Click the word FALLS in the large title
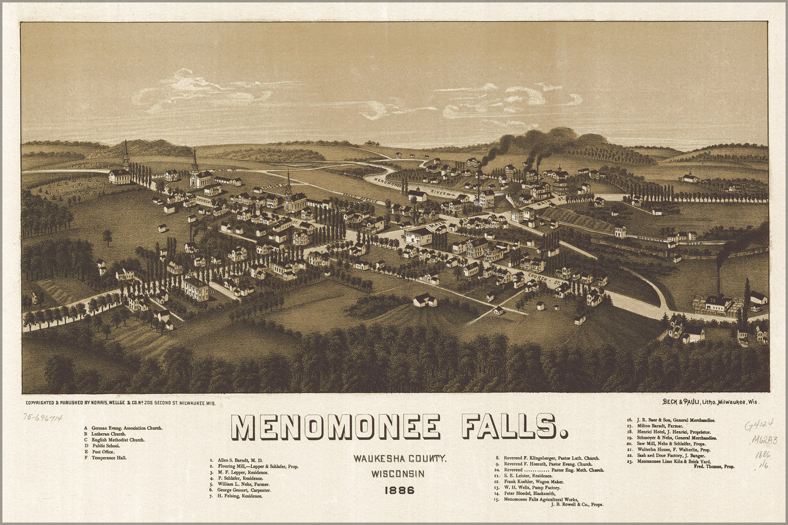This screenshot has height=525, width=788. (x=514, y=427)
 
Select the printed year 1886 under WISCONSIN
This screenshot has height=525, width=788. (x=399, y=491)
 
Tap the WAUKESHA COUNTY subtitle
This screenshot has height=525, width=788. (x=400, y=459)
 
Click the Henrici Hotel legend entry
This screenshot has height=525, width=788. (x=667, y=432)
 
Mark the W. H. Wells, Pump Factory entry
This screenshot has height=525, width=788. (x=523, y=488)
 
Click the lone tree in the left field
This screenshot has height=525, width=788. (x=108, y=237)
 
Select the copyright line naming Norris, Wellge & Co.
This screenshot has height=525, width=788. (x=121, y=403)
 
